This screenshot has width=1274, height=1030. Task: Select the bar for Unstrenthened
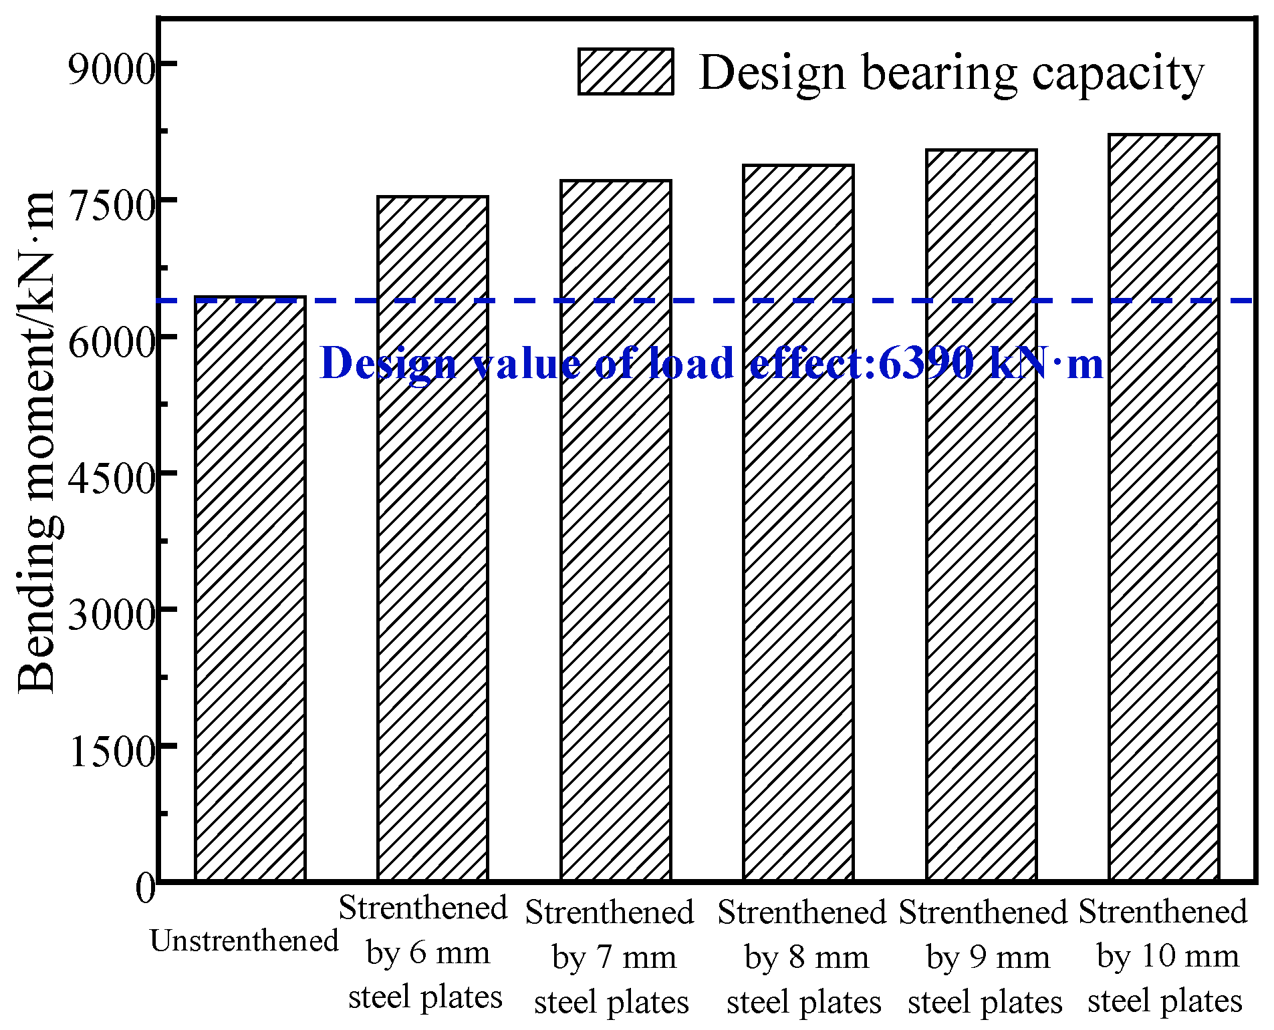(250, 588)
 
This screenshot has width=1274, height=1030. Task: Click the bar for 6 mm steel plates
(432, 538)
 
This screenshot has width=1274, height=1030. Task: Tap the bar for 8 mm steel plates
(798, 522)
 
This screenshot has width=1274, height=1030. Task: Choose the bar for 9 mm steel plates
(981, 514)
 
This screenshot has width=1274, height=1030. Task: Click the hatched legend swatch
(625, 71)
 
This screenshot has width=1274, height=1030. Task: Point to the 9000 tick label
(111, 68)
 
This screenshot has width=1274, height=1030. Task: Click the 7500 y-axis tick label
(111, 204)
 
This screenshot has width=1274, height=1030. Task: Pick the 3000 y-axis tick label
(111, 614)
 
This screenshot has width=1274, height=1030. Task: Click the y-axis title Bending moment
(36, 441)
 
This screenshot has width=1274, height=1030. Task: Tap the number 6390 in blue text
(926, 364)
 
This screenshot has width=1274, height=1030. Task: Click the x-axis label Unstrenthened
(244, 940)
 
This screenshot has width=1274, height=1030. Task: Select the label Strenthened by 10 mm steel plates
(1163, 956)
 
